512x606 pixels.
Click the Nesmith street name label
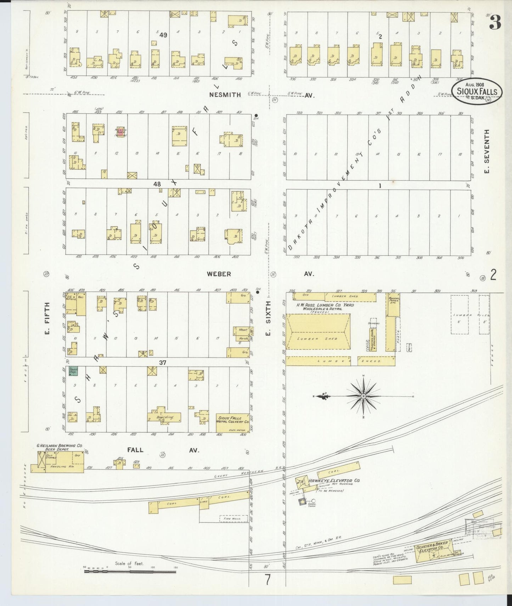click(x=225, y=95)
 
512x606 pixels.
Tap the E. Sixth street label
click(x=268, y=318)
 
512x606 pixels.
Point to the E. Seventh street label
click(x=487, y=151)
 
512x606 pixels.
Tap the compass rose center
click(x=364, y=395)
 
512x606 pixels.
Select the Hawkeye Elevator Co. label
click(x=334, y=481)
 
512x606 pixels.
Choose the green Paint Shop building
click(x=73, y=371)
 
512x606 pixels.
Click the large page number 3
click(x=495, y=23)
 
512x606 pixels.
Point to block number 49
click(x=163, y=35)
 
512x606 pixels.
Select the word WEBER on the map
click(x=219, y=274)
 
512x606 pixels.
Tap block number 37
click(x=163, y=363)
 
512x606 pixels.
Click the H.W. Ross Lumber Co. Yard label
click(x=325, y=305)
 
